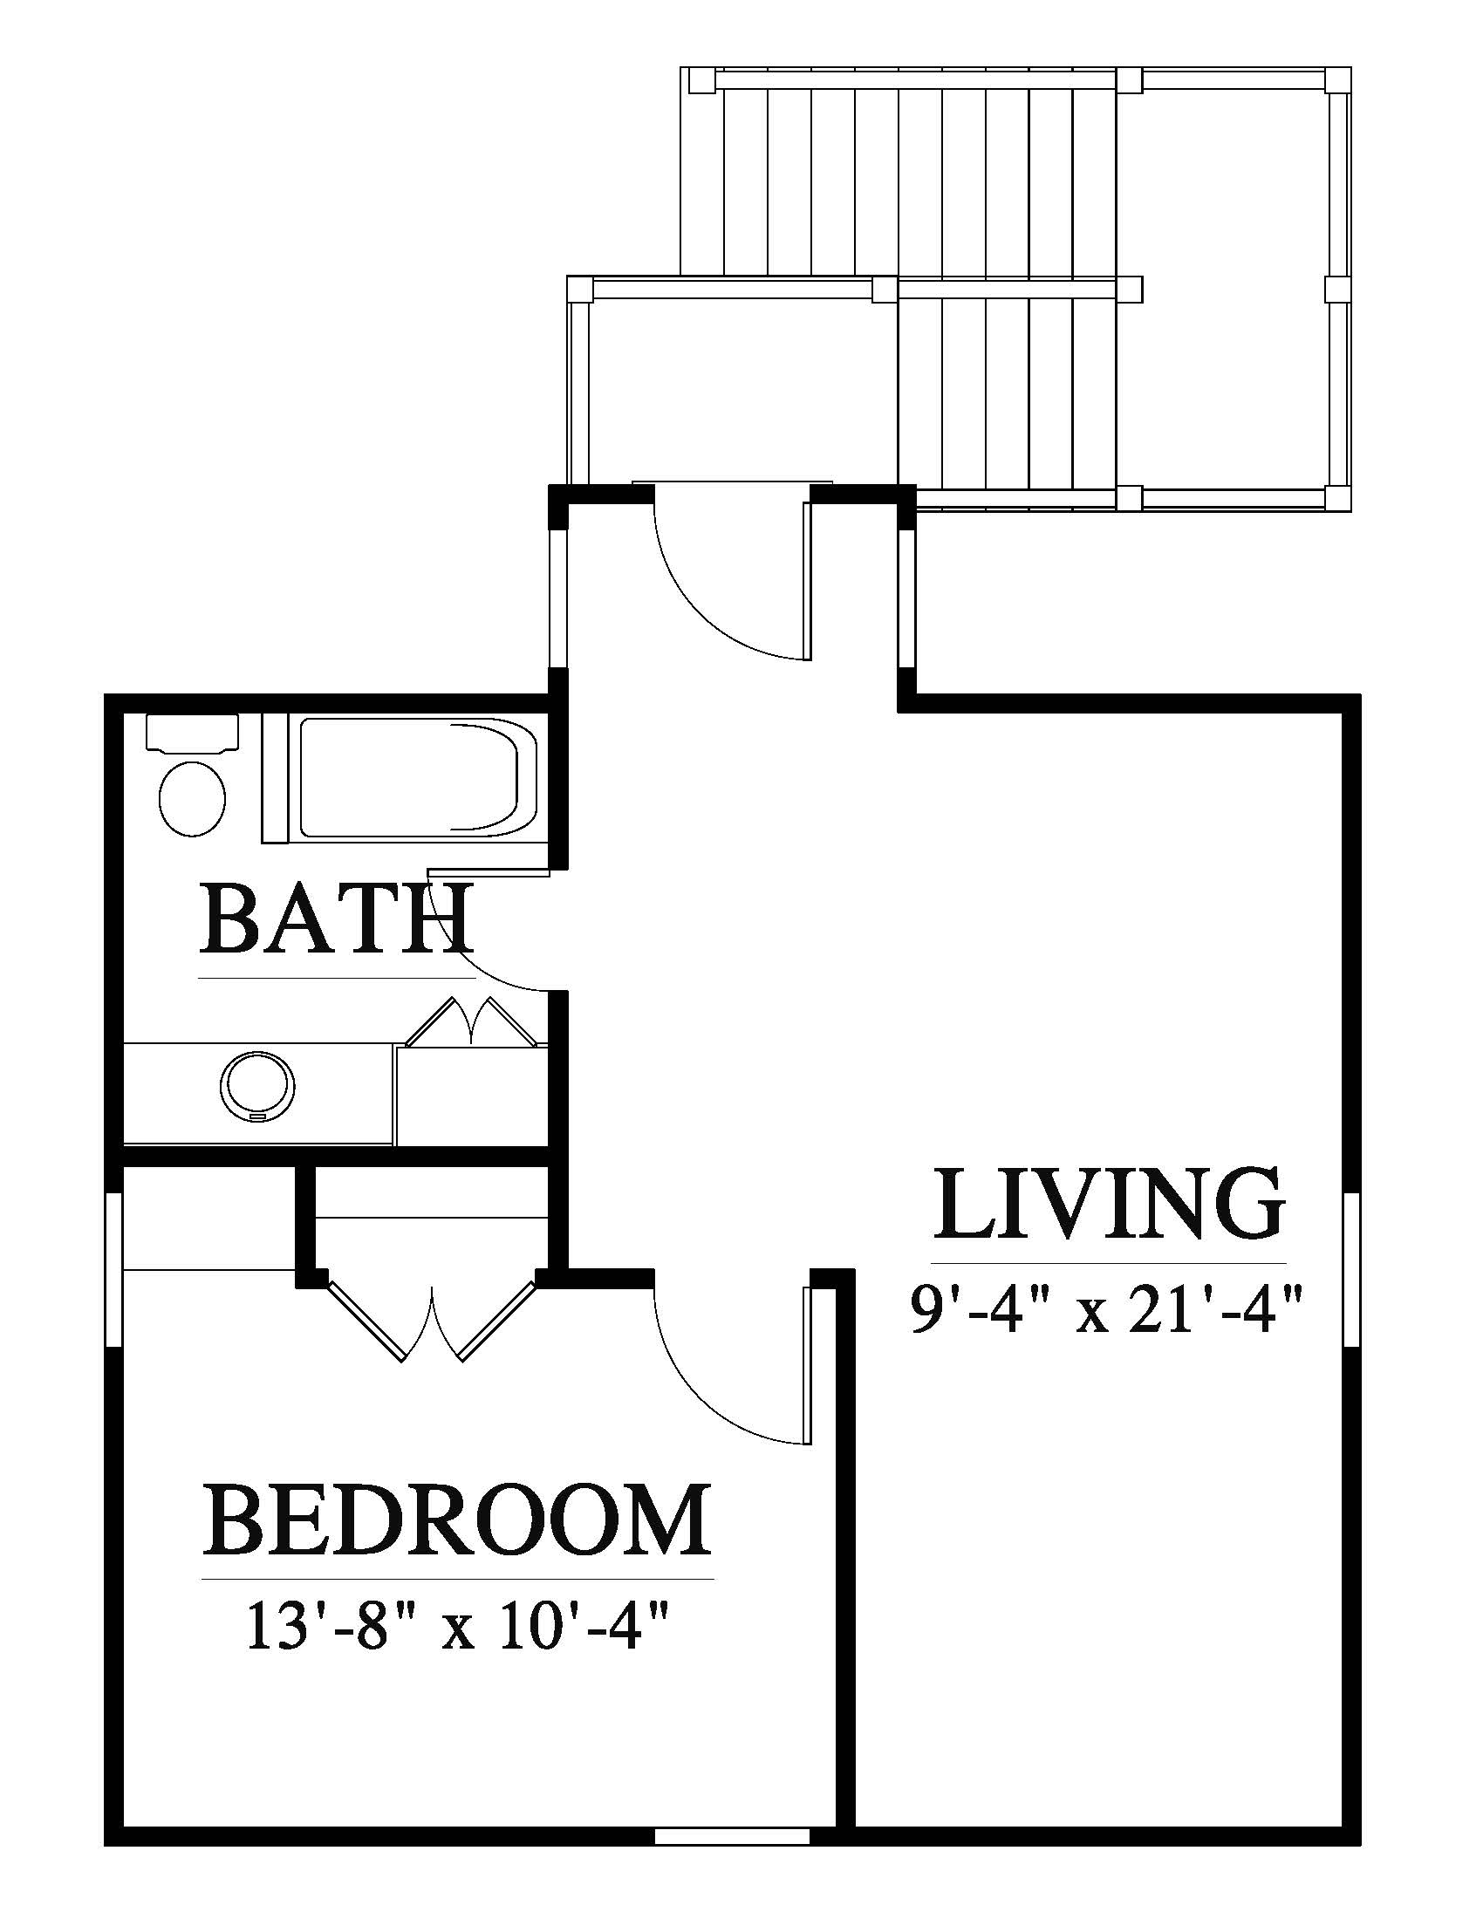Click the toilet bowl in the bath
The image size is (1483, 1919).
(192, 799)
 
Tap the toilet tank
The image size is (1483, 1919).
(192, 732)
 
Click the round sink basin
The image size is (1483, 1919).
(256, 1087)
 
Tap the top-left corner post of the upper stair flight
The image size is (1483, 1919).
(701, 81)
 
